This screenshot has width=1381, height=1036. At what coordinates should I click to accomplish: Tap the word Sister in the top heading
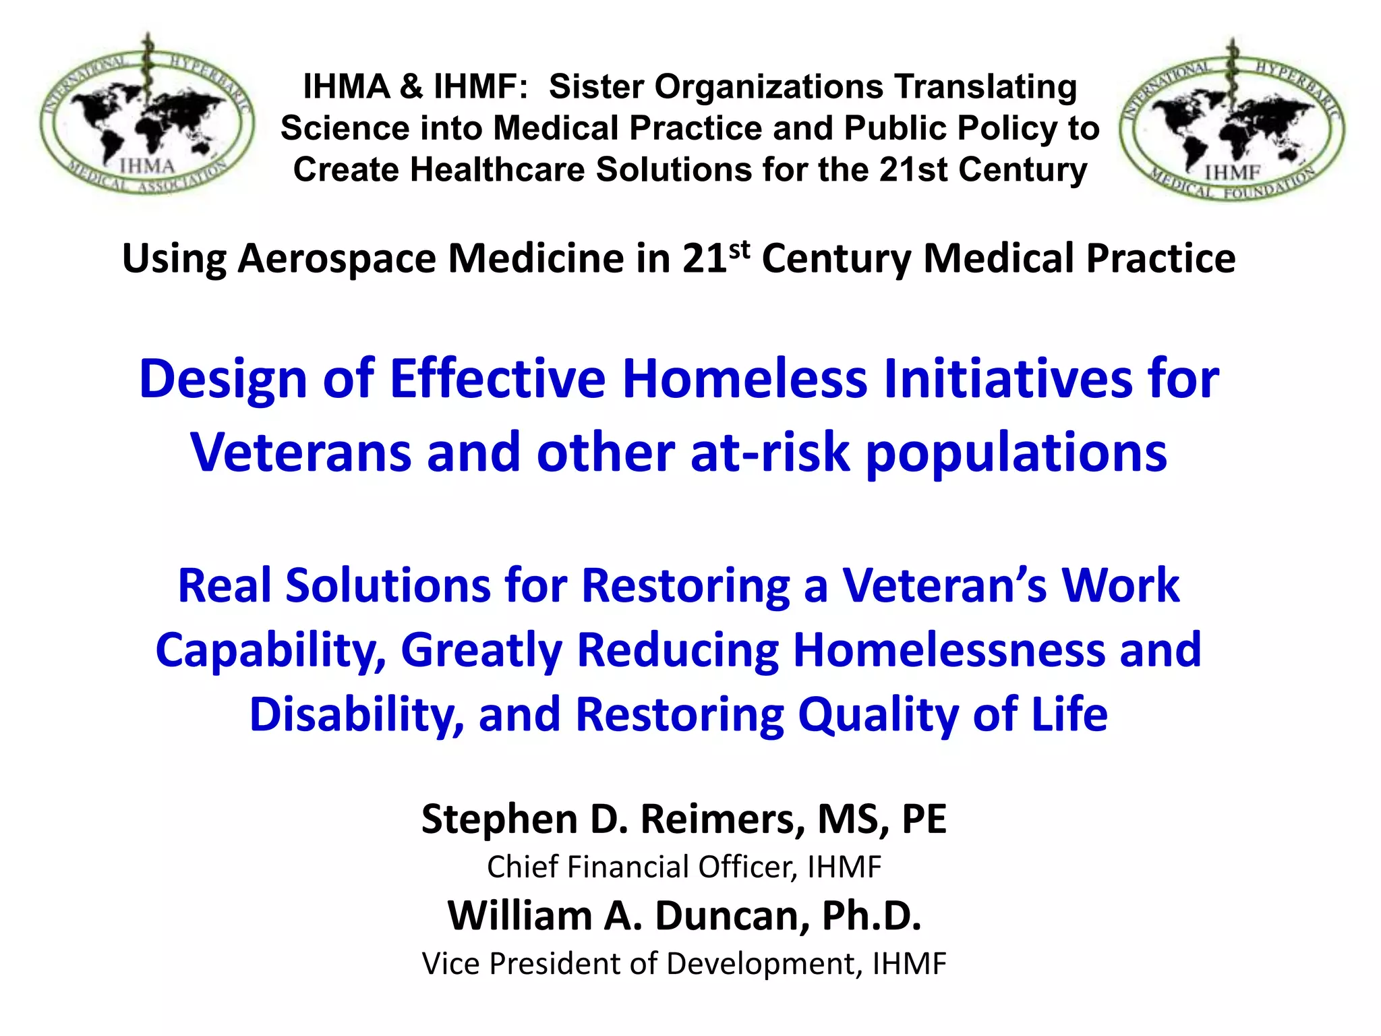pyautogui.click(x=596, y=87)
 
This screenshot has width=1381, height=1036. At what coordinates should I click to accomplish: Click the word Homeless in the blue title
pyautogui.click(x=744, y=379)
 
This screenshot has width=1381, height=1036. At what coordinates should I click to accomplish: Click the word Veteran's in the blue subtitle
pyautogui.click(x=945, y=585)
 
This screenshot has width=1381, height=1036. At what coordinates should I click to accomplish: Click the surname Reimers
pyautogui.click(x=722, y=819)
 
